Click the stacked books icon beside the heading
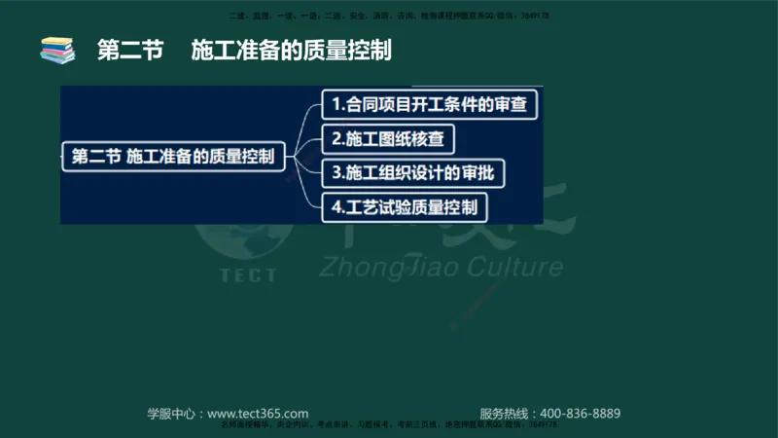[x=57, y=50]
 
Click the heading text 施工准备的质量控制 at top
[x=292, y=50]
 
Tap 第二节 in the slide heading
[x=128, y=50]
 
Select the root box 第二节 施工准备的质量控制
[x=174, y=156]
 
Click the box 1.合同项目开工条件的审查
[x=431, y=103]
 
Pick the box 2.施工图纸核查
[x=388, y=138]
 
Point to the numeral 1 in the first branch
[x=336, y=103]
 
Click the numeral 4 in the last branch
[x=336, y=206]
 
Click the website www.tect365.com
[x=258, y=413]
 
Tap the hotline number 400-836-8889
[x=580, y=413]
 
